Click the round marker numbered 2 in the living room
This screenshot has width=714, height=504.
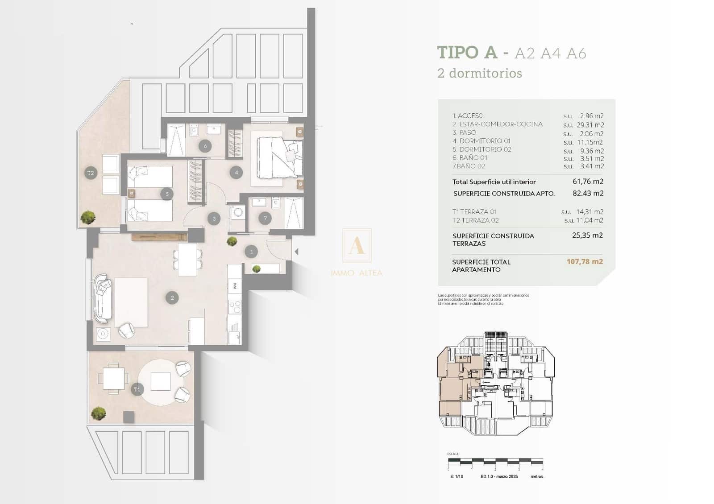(172, 297)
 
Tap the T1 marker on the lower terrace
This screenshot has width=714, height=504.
(137, 389)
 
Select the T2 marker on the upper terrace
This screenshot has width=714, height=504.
(91, 173)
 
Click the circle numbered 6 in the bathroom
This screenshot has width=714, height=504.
(205, 146)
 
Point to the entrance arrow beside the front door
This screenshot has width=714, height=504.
(296, 252)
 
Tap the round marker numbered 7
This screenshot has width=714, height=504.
(265, 218)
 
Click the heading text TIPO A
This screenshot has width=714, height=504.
(467, 53)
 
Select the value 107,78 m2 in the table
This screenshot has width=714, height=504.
(584, 262)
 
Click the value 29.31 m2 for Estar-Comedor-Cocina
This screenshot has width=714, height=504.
(590, 125)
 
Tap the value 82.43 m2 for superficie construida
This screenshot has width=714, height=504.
(588, 194)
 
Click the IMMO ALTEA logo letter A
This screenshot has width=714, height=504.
(357, 246)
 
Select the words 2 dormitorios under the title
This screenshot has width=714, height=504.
(479, 73)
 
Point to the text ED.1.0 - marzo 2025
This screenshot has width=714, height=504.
(499, 477)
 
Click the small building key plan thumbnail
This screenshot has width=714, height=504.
(495, 384)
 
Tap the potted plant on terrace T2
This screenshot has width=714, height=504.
(88, 217)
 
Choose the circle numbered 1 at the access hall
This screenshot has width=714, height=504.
(251, 252)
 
